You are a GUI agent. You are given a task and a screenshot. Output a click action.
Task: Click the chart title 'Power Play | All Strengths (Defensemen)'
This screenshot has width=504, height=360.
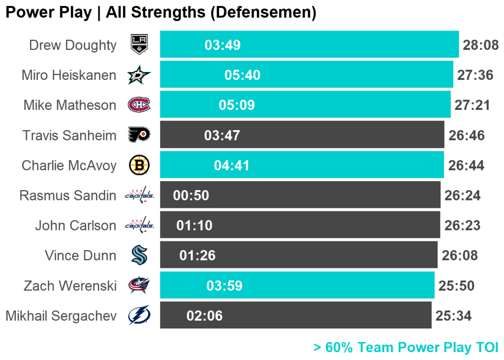[x=160, y=12]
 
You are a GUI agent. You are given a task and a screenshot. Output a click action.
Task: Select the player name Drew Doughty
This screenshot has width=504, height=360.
[x=73, y=45]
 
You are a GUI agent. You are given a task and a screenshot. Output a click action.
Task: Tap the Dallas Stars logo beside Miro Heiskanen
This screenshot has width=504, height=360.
[x=139, y=75]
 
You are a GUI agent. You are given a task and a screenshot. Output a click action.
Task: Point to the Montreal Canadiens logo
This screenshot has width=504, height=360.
[x=139, y=105]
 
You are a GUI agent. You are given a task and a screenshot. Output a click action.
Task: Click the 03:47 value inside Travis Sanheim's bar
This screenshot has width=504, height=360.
[x=222, y=135]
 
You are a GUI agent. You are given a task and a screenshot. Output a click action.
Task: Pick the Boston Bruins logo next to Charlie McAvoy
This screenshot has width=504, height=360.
[x=139, y=165]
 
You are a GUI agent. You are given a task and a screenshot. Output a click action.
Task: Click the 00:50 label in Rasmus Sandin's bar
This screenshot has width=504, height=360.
[x=191, y=196]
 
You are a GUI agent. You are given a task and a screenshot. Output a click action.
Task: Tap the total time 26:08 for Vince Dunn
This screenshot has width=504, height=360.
[x=460, y=256]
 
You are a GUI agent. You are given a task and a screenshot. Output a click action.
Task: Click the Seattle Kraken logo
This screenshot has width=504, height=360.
[x=139, y=255]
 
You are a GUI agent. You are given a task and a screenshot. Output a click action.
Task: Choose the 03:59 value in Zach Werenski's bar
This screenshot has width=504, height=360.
[x=224, y=286]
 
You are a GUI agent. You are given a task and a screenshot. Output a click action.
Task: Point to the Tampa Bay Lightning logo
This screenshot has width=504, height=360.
[x=139, y=316]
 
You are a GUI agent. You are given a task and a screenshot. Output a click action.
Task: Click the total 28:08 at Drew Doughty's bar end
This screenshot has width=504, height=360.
[x=481, y=45]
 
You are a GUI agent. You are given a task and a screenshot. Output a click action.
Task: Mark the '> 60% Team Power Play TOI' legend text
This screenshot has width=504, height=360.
[x=406, y=348]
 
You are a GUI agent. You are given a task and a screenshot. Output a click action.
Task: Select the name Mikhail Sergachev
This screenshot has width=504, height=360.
[x=61, y=316]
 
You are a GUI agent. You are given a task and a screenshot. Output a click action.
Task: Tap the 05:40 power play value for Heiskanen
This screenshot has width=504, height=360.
[x=243, y=75]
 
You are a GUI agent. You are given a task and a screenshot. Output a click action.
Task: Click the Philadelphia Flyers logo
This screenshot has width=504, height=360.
[x=139, y=135]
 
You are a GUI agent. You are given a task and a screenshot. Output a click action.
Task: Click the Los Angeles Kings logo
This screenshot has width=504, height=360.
[x=139, y=45]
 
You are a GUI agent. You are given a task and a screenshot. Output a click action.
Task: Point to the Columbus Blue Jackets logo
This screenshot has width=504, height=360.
[x=139, y=286]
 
